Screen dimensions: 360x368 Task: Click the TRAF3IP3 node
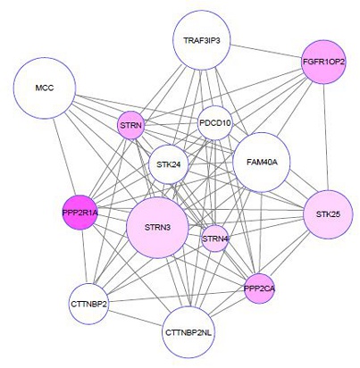click(x=202, y=41)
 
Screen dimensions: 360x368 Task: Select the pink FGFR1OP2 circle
click(x=323, y=62)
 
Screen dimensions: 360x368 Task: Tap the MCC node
click(x=45, y=88)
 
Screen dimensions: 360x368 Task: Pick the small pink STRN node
click(x=130, y=125)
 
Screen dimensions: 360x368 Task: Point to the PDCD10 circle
click(x=215, y=123)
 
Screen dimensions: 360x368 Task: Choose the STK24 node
click(x=169, y=164)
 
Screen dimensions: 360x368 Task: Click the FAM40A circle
click(x=262, y=163)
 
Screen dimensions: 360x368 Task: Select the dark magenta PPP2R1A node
click(x=80, y=213)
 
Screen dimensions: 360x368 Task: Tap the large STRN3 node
click(x=157, y=228)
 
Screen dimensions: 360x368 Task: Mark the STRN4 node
click(x=215, y=238)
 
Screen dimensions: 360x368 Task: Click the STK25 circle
click(x=328, y=214)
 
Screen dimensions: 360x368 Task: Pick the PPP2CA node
click(x=259, y=289)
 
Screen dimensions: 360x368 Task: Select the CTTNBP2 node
click(x=88, y=304)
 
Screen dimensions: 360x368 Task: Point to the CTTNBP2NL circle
click(x=188, y=332)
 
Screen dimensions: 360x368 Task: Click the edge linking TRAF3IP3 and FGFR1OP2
click(x=266, y=51)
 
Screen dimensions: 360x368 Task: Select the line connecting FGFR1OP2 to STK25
click(x=326, y=138)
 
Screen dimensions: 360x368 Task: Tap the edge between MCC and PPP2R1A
click(x=63, y=157)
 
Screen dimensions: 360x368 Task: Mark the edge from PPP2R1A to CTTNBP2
click(x=84, y=257)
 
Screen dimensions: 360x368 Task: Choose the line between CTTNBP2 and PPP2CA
click(x=176, y=297)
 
